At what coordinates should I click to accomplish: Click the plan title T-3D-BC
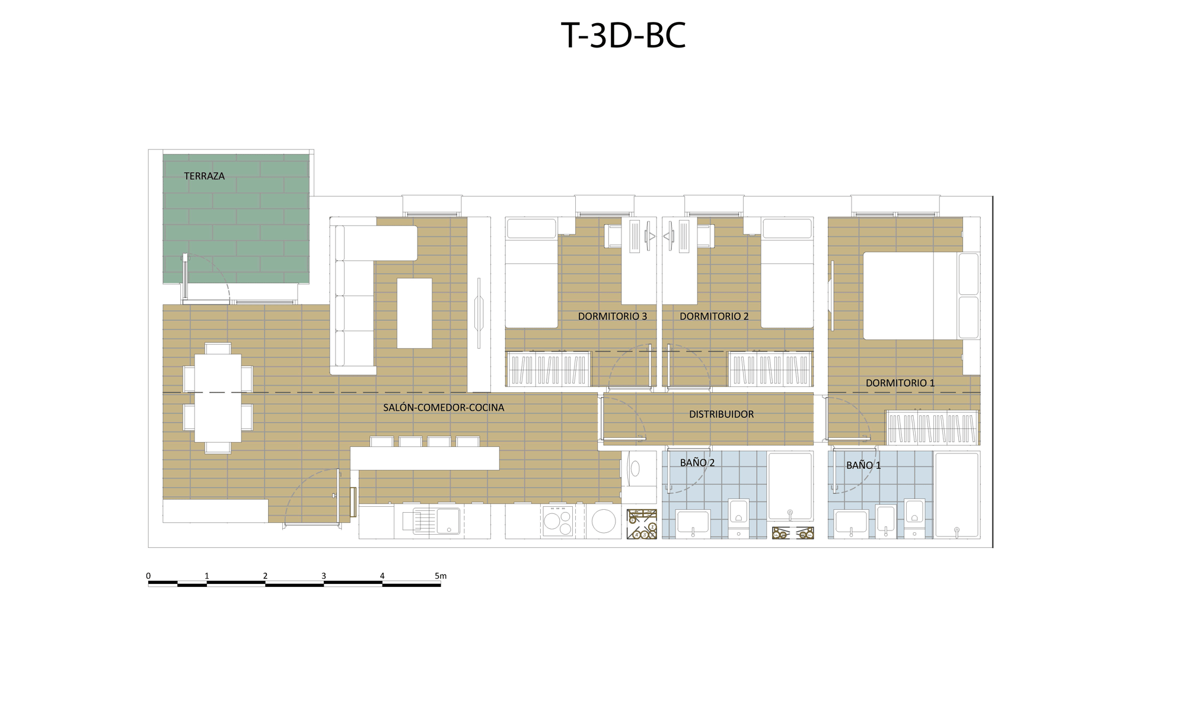click(623, 36)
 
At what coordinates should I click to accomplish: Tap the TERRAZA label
click(204, 176)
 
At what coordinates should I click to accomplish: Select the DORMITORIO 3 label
click(612, 316)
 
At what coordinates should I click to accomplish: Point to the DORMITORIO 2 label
click(714, 316)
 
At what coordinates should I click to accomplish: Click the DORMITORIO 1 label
click(900, 383)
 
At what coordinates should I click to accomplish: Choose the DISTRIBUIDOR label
click(721, 414)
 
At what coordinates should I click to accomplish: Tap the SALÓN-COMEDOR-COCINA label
click(444, 408)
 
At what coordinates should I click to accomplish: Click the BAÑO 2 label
click(697, 462)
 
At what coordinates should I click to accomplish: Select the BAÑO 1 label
click(863, 465)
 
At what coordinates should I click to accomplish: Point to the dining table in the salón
click(218, 398)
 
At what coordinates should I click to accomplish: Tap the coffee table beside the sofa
click(414, 313)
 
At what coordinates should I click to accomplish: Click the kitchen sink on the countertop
click(448, 521)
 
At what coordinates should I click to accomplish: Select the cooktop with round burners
click(557, 521)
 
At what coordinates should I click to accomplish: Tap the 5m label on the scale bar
click(440, 576)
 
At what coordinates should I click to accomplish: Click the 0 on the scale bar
click(148, 576)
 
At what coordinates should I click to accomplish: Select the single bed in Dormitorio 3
click(531, 273)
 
